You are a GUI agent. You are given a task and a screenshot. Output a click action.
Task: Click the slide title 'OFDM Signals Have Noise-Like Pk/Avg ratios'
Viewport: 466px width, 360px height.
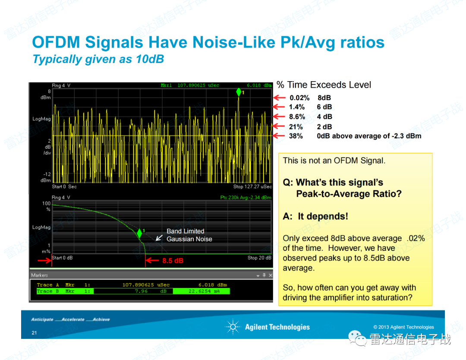click(x=208, y=43)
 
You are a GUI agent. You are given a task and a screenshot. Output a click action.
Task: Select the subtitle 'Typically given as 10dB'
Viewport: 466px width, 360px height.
click(x=98, y=60)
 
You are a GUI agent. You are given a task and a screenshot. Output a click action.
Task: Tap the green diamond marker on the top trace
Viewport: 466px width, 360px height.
click(x=238, y=92)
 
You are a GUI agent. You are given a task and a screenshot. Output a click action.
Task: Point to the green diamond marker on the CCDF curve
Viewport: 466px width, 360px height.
click(x=139, y=233)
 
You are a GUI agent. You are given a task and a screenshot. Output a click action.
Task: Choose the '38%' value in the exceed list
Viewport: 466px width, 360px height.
click(x=296, y=136)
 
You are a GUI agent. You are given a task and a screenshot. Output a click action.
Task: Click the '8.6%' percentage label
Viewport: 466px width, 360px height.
click(x=297, y=117)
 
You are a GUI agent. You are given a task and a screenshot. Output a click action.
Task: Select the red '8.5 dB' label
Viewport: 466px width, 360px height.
click(x=173, y=261)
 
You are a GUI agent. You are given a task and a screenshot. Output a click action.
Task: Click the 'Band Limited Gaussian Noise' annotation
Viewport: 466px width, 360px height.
click(x=189, y=235)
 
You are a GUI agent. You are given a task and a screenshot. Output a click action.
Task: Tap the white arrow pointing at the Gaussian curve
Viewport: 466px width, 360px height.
click(x=159, y=237)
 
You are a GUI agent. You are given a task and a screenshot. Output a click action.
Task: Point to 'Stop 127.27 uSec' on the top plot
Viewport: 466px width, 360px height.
click(x=252, y=187)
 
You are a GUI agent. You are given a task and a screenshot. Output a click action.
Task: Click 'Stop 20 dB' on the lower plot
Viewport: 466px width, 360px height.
click(x=259, y=258)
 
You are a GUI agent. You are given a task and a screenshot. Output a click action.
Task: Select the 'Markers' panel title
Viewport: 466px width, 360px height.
click(x=39, y=275)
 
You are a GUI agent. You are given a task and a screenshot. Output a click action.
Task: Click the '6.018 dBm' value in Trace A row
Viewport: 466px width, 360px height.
click(x=213, y=285)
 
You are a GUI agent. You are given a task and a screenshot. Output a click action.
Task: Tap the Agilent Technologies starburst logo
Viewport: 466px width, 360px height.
click(x=233, y=327)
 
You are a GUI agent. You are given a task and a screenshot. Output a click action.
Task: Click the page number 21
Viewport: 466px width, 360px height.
click(x=34, y=333)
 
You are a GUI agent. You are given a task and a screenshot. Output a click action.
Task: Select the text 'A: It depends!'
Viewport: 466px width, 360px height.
click(x=315, y=216)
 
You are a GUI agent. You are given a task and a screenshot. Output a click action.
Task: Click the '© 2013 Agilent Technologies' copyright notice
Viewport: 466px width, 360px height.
click(x=403, y=327)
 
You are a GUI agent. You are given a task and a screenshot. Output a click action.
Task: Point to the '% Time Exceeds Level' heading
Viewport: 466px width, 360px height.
click(x=324, y=85)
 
